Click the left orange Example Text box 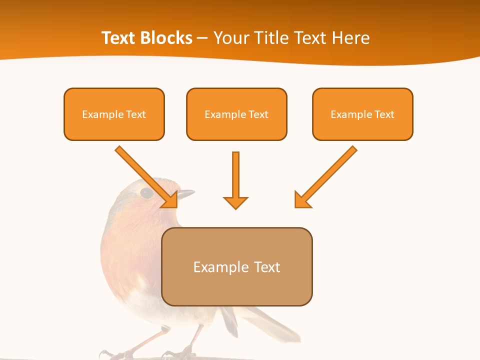tap(114, 114)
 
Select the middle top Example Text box tap(236, 114)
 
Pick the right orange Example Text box tap(362, 114)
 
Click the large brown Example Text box tap(236, 267)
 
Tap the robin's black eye tap(146, 192)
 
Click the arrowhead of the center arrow tap(235, 202)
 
